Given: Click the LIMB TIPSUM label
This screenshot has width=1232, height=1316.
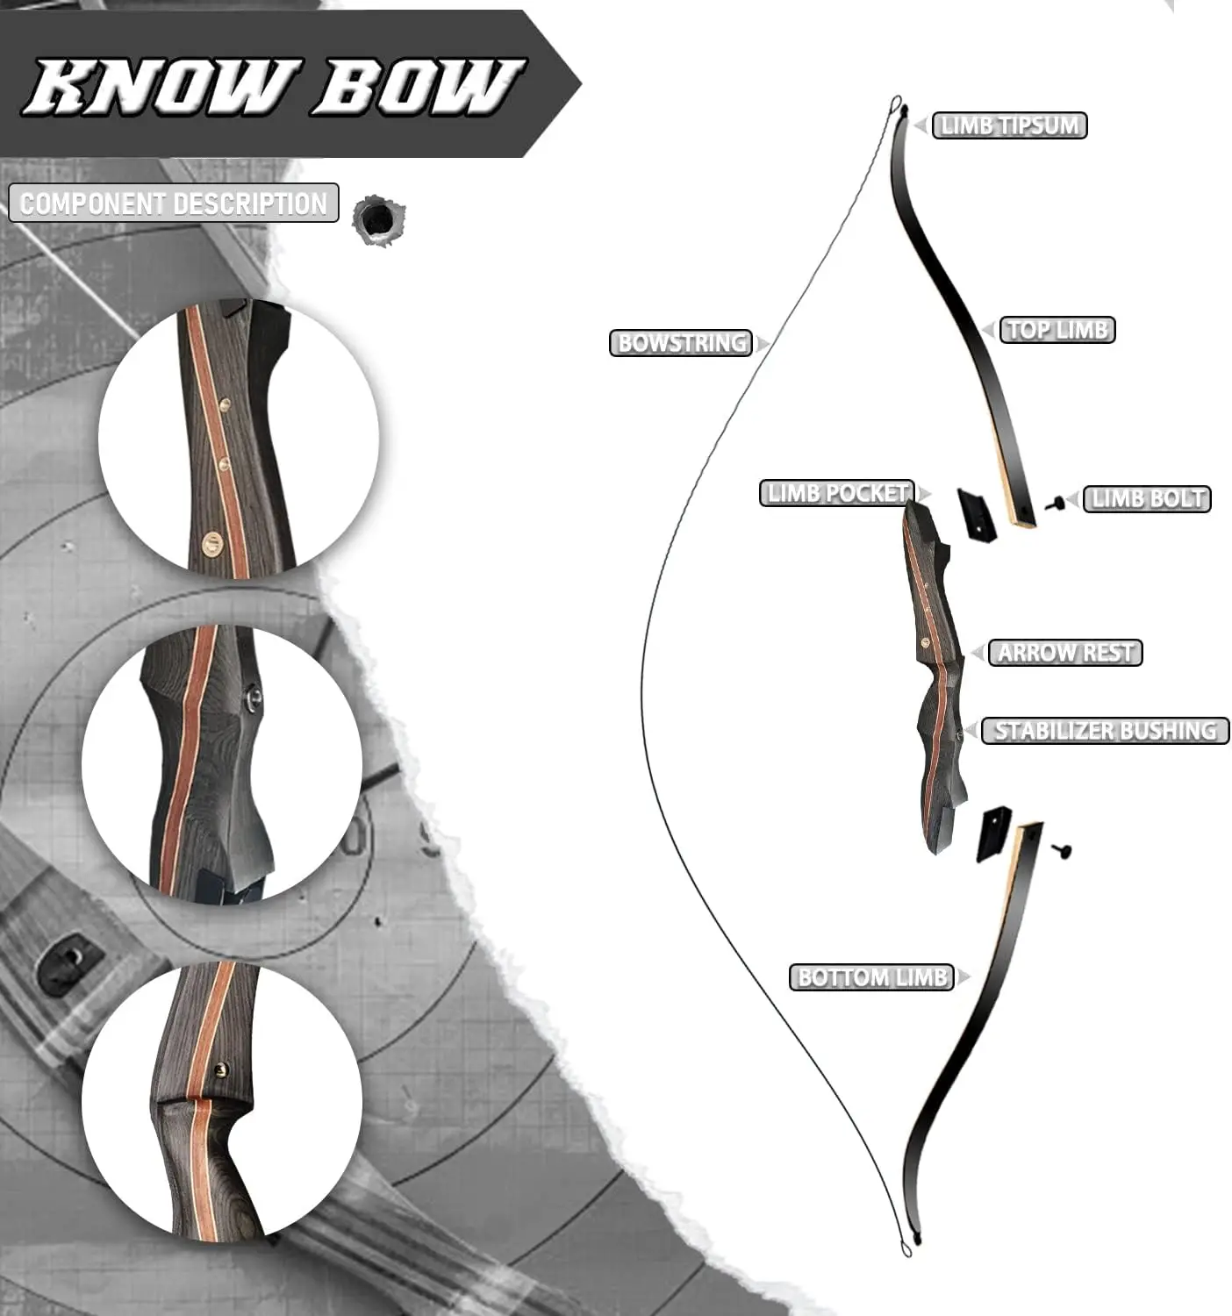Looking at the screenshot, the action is pos(1008,125).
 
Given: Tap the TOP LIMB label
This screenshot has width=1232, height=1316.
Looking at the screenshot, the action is pos(1057,329).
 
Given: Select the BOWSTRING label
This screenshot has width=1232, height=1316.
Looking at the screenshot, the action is pos(680,342).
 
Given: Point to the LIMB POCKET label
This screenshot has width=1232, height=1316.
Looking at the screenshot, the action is pos(837,493).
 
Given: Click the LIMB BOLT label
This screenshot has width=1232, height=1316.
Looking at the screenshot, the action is pos(1147,499).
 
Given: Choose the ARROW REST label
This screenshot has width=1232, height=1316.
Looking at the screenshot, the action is pos(1065,653).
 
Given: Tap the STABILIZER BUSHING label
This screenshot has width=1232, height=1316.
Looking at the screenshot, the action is pos(1105,731).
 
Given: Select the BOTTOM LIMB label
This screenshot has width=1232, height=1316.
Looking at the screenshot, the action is pos(871,977).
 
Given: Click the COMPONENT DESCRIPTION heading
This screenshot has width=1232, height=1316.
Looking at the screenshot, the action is pos(174,203).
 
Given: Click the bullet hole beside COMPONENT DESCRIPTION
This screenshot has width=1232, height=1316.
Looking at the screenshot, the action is pos(378,220).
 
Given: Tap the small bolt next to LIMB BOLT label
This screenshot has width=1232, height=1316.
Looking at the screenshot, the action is pos(1055,504).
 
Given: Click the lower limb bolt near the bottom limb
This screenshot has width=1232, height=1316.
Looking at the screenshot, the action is pos(1062,850).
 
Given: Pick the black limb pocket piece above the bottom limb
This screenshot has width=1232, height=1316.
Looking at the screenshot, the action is pos(994,833).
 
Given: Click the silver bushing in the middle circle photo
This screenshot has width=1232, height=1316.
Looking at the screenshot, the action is pos(254,697).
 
